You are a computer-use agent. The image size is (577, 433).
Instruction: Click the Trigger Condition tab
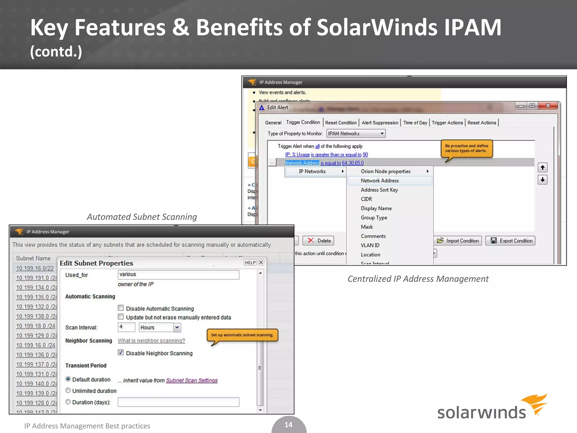303,122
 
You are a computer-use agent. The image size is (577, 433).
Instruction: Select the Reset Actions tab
481,123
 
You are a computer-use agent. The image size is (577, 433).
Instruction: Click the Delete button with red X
318,241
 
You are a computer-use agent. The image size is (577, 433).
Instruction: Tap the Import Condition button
458,241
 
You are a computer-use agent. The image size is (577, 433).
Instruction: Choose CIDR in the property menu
366,199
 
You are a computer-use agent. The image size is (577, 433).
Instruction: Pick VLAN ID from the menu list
370,245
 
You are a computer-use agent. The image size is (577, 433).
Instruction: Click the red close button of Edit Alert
548,106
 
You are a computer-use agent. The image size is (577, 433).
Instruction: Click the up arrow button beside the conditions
542,168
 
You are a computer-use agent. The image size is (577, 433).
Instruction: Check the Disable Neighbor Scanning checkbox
121,353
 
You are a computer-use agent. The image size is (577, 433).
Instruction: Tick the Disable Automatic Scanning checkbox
121,308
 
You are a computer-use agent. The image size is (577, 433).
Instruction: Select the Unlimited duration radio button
68,391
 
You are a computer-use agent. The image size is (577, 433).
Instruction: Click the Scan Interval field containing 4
126,327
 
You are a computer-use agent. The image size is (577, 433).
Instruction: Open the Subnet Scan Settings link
192,380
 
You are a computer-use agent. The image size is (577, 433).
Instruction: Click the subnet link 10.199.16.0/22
35,268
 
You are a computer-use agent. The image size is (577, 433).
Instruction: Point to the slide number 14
288,425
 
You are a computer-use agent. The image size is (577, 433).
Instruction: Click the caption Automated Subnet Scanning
142,217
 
